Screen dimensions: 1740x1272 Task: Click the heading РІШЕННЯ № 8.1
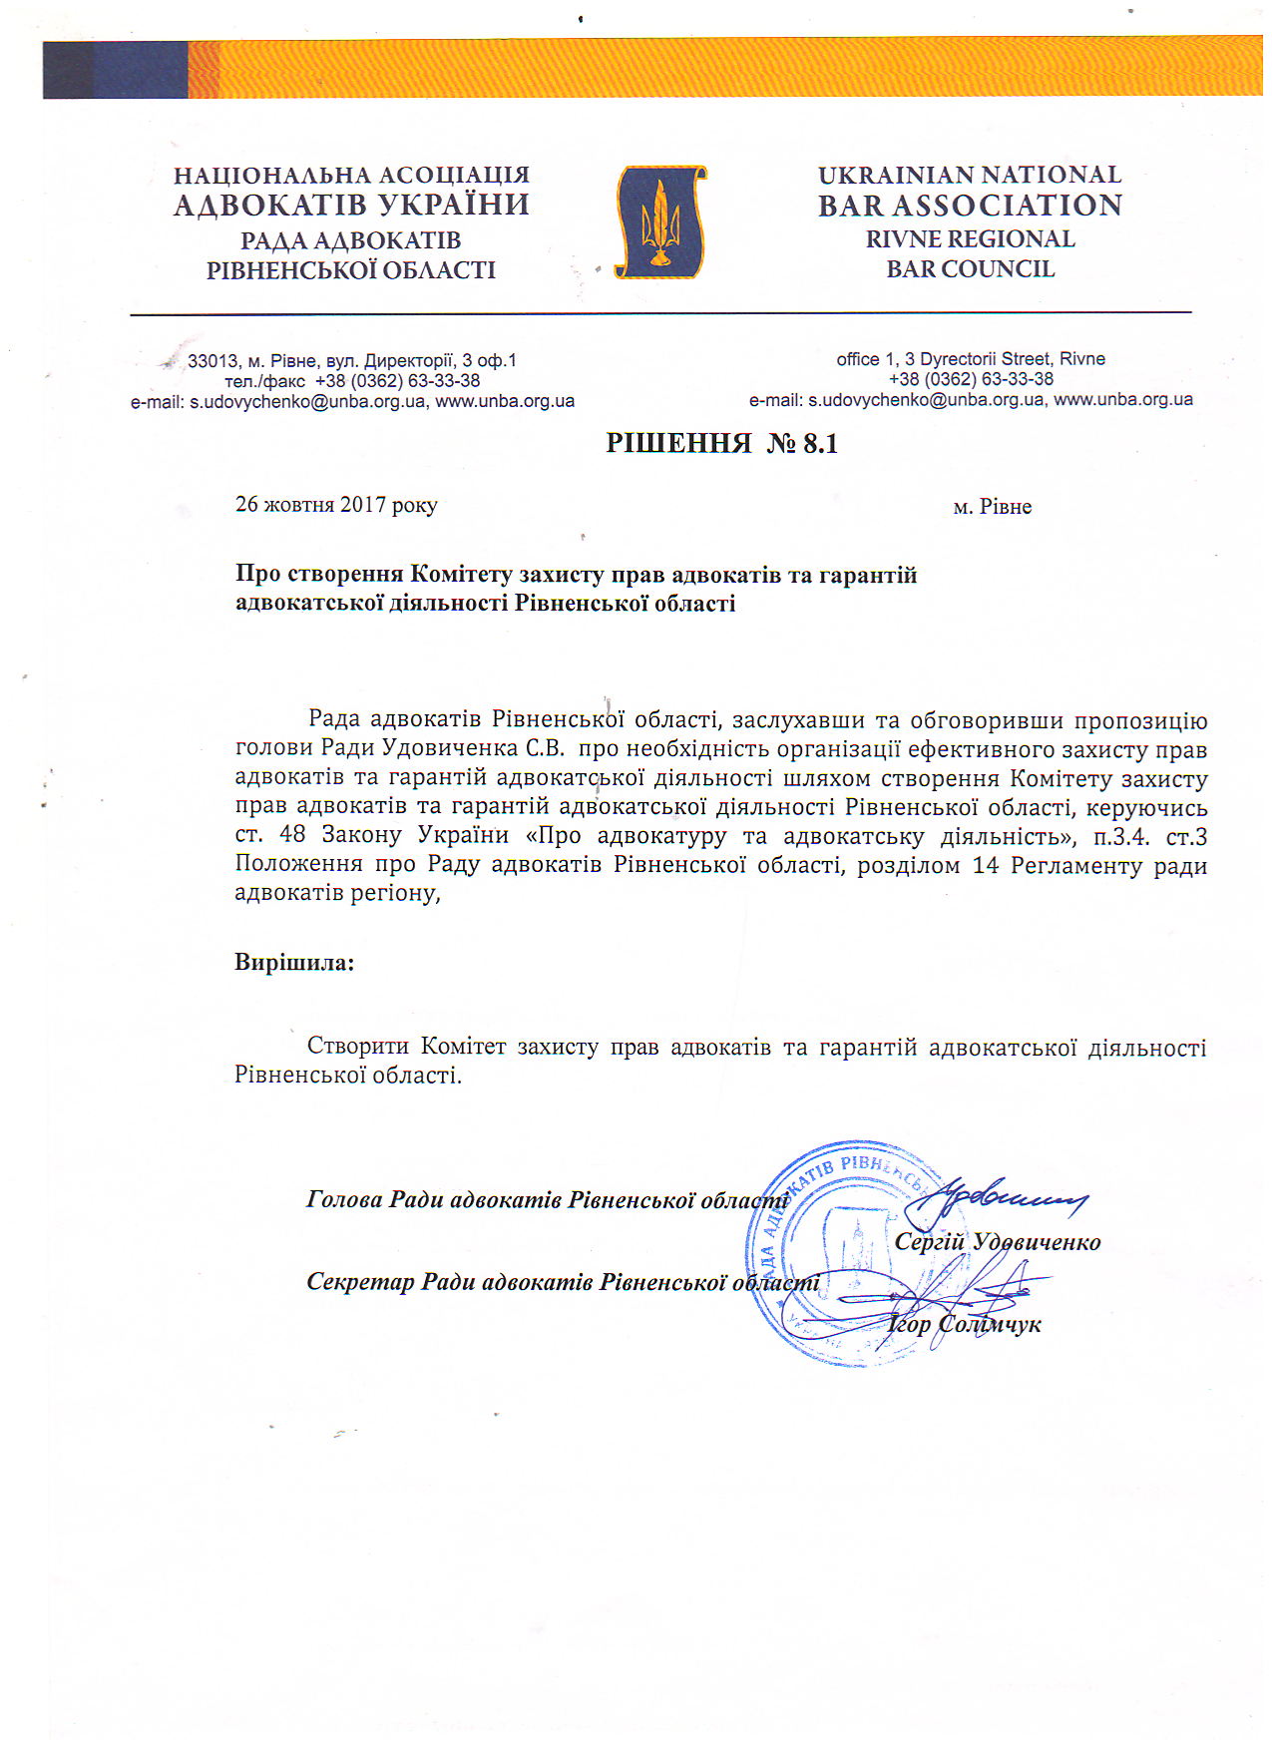721,443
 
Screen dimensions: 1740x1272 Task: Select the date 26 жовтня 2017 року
336,505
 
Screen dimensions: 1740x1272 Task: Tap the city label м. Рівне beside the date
992,507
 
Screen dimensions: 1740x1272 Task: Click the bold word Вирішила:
294,963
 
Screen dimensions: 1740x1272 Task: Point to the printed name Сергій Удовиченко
997,1242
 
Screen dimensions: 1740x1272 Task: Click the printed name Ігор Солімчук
964,1324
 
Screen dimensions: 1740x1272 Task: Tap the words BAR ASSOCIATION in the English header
970,206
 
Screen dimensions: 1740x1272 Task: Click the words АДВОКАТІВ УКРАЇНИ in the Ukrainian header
351,206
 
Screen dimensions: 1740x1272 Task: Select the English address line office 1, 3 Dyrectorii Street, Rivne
970,359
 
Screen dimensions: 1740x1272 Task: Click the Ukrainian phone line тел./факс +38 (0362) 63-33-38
352,381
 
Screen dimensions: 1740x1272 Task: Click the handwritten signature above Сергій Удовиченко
998,1197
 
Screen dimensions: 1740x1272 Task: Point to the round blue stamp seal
848,1253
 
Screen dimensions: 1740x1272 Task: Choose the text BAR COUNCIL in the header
970,269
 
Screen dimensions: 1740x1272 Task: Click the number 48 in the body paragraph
292,835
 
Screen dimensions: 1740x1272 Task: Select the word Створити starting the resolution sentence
357,1047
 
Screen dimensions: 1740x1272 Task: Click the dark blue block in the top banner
115,70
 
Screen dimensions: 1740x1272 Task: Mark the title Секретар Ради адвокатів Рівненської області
563,1283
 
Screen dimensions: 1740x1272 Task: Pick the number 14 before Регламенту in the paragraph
986,865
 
